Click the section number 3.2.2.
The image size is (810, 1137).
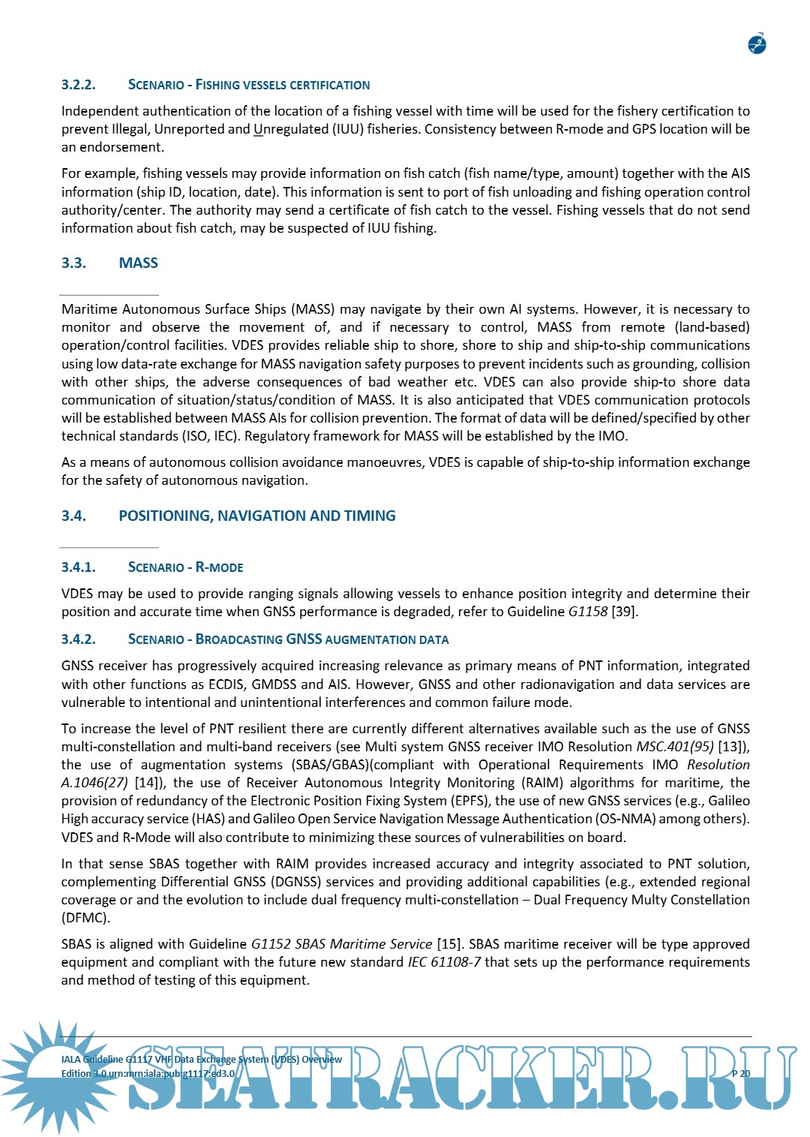[78, 85]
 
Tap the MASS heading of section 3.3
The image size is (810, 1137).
[138, 263]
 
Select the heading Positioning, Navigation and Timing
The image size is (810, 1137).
[256, 516]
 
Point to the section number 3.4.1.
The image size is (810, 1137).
[78, 567]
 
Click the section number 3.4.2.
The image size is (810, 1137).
[78, 639]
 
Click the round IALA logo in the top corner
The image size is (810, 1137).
[757, 44]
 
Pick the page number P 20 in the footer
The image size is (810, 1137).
[740, 1074]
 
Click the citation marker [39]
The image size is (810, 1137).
[624, 612]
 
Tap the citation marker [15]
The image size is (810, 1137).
[448, 944]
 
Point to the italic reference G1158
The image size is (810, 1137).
[587, 612]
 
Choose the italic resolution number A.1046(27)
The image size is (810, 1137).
[94, 783]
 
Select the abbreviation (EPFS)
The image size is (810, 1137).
[469, 801]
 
